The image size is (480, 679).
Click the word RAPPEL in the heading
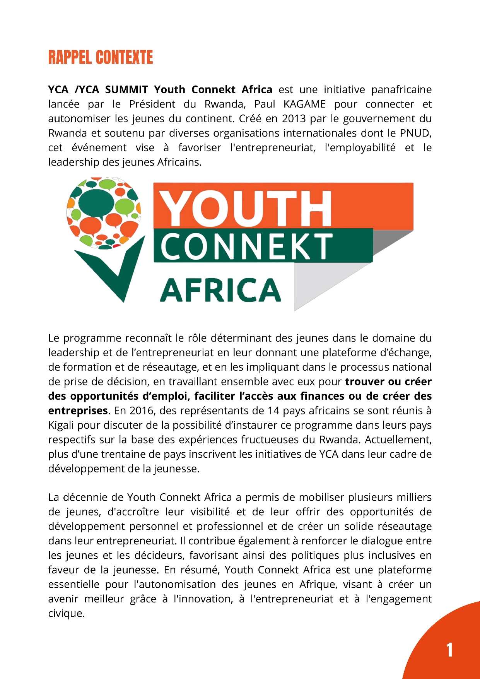coord(70,57)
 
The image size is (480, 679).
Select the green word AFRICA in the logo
coord(220,290)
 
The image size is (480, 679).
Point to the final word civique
coord(66,613)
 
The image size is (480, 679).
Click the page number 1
coord(449,650)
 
